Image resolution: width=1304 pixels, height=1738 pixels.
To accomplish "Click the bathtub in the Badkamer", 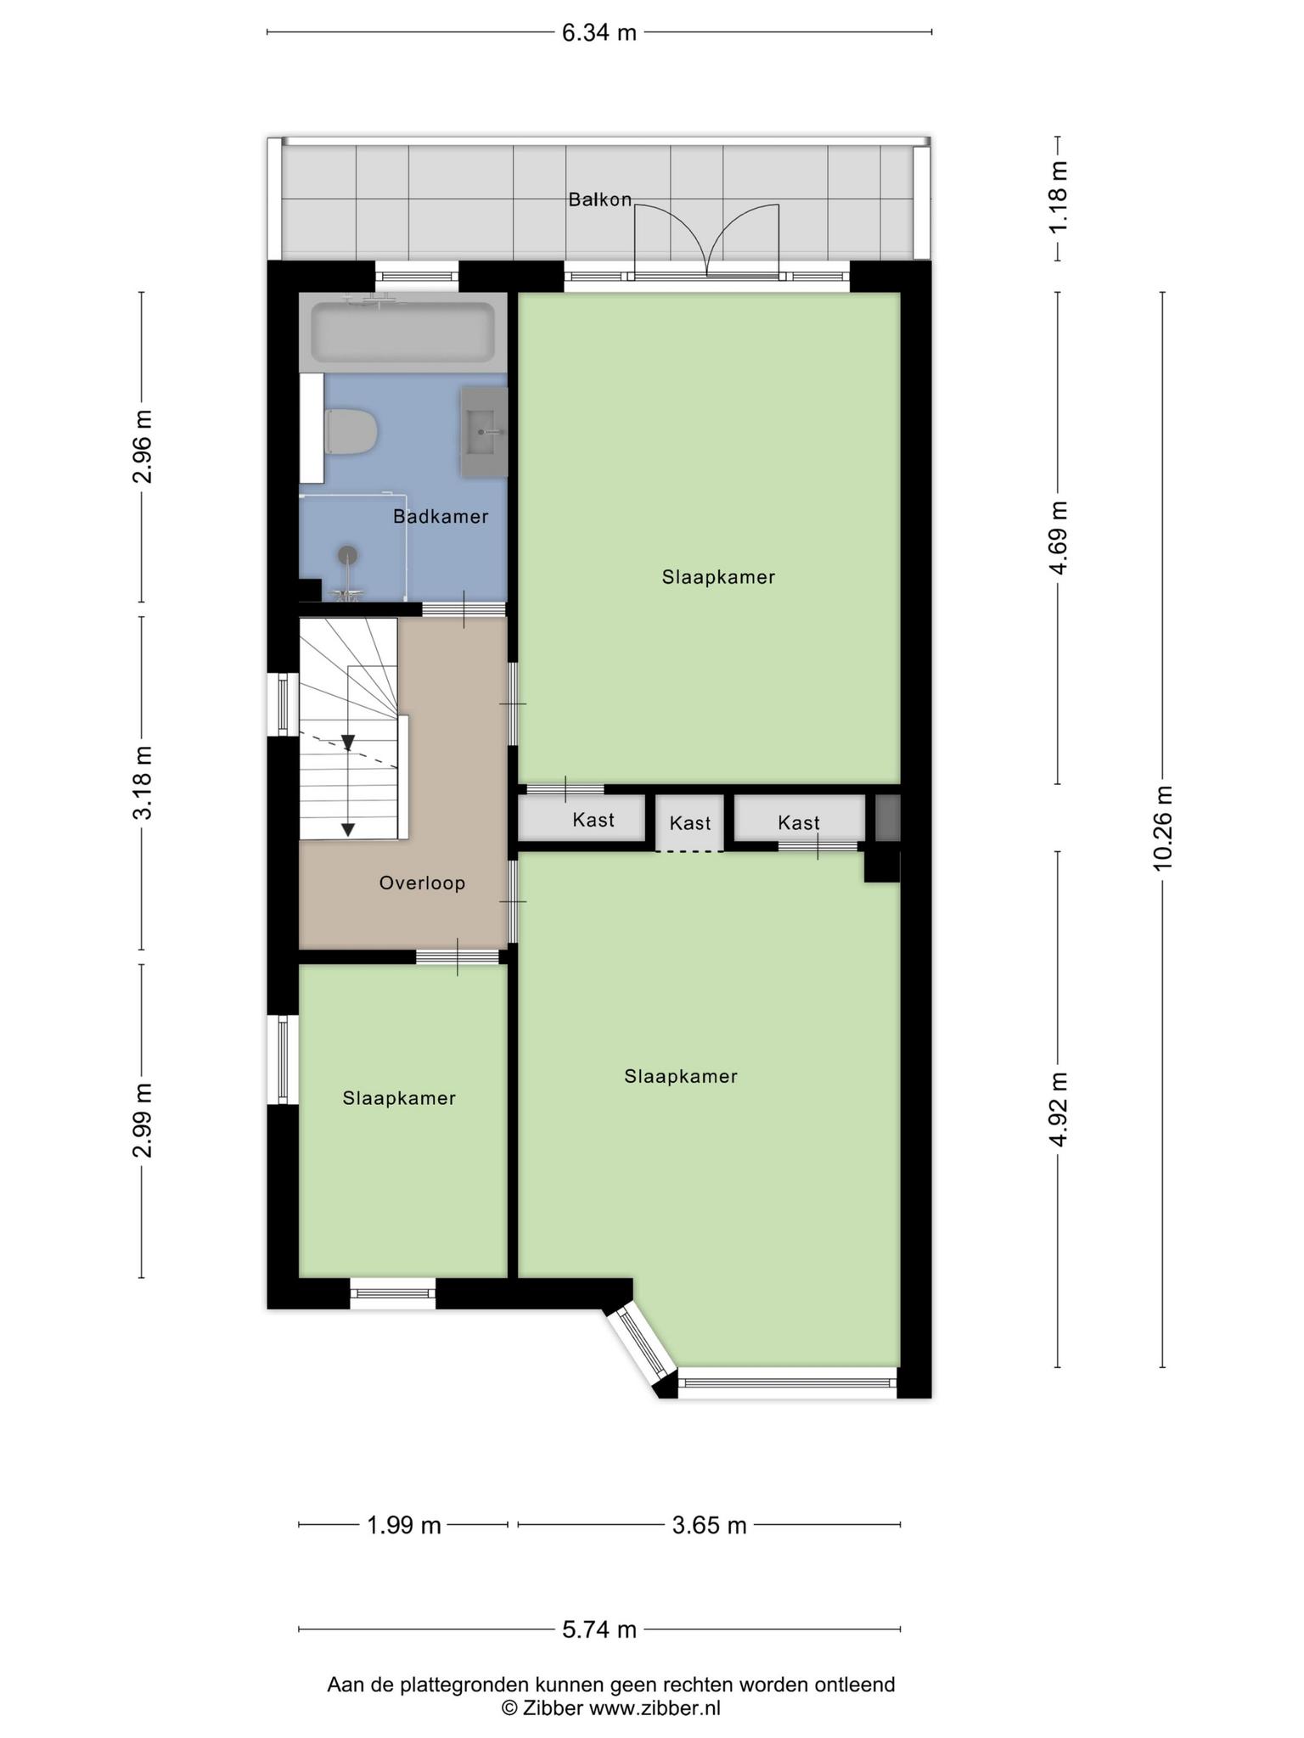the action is (x=402, y=332).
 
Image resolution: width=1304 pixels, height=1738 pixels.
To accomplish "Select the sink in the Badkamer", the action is (x=484, y=432).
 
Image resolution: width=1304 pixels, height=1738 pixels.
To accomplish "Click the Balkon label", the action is (x=600, y=199).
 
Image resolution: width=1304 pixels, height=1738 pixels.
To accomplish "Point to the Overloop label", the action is (x=422, y=883).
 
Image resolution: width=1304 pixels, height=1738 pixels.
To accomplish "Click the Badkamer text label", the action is (x=441, y=516).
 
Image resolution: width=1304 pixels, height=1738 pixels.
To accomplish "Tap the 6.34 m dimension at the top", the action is (x=599, y=33).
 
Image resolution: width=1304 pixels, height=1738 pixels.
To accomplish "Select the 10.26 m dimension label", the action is (x=1162, y=827).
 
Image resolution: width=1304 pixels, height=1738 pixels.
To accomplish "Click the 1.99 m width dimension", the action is (x=404, y=1525).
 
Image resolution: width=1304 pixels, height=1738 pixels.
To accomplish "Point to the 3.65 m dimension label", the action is (x=709, y=1525).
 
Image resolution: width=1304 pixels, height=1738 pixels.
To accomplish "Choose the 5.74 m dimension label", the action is (x=599, y=1629).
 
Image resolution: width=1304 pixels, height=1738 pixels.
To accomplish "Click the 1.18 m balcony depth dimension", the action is (x=1058, y=199).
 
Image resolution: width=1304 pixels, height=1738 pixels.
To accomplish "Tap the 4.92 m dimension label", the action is (x=1058, y=1109).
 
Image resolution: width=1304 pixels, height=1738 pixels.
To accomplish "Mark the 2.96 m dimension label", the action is (x=142, y=446).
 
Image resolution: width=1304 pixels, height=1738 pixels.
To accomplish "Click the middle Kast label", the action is (x=690, y=822).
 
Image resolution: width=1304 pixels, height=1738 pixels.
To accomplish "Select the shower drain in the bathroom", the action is (x=347, y=555).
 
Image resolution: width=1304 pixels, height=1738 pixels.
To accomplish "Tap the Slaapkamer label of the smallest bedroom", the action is (x=399, y=1098).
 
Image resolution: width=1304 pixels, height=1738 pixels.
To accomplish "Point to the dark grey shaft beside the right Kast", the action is (x=887, y=817).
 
